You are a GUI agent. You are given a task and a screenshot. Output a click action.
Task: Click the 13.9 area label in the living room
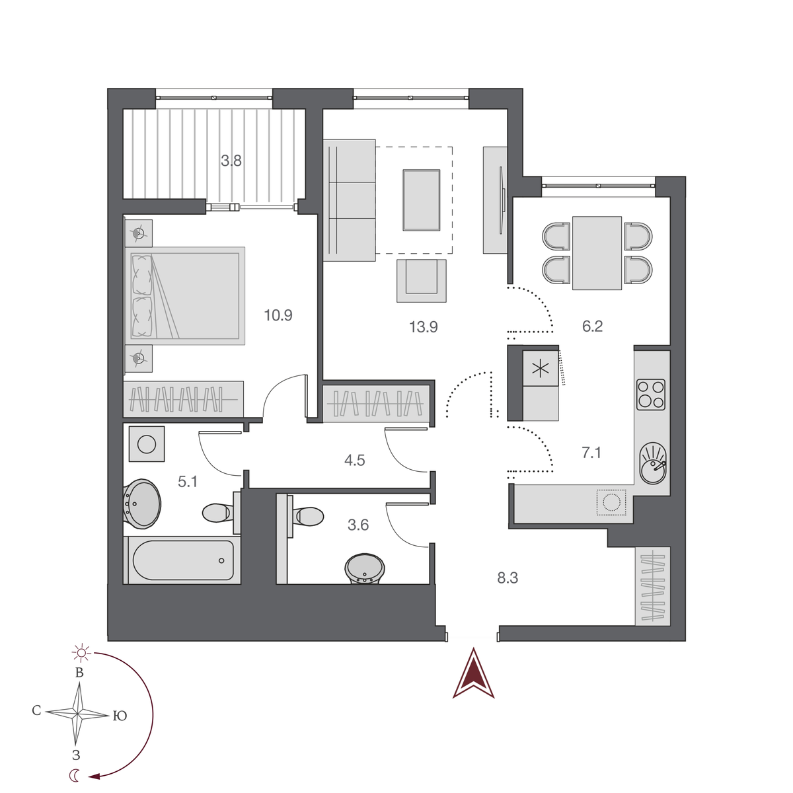coord(423,326)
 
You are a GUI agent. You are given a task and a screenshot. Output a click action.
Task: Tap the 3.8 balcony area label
coord(231,160)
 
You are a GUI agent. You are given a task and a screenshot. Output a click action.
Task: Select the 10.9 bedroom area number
coord(278,315)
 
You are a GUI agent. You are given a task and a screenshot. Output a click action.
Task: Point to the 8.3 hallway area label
coord(507,578)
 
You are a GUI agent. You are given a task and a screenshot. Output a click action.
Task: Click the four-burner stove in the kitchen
coord(650,395)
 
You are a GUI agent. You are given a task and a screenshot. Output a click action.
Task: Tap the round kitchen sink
coord(653,463)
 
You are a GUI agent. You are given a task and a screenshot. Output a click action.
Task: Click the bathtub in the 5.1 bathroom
coord(182,560)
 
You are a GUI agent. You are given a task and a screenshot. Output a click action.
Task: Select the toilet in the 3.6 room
coord(307,515)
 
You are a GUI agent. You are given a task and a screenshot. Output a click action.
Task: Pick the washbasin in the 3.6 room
coord(364,569)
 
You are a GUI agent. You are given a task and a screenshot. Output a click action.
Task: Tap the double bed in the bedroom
coord(186,295)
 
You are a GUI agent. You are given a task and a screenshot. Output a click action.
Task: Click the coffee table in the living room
coord(421,200)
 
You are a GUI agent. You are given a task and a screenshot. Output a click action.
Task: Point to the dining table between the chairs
coord(597,252)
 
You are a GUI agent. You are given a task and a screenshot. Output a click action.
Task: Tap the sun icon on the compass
coord(81,654)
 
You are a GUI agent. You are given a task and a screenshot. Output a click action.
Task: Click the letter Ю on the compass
coord(120,716)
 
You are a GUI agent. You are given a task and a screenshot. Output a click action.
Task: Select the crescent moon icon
coord(76,776)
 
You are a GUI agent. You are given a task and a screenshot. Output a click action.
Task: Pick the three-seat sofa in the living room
coord(349,200)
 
